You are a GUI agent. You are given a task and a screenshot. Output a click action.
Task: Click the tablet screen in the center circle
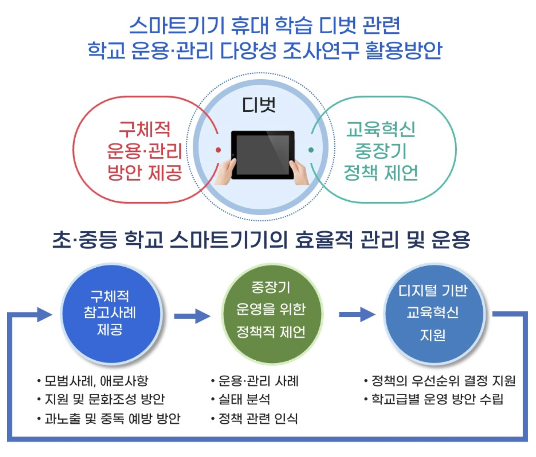pyautogui.click(x=262, y=155)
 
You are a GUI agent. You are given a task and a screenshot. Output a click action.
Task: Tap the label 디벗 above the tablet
pyautogui.click(x=259, y=105)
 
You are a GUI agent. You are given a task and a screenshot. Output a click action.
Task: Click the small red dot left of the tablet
pyautogui.click(x=218, y=150)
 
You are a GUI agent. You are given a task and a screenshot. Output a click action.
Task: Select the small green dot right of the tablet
pyautogui.click(x=311, y=150)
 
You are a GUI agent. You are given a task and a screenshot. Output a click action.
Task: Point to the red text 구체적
pyautogui.click(x=144, y=129)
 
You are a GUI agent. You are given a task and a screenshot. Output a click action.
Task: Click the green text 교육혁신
pyautogui.click(x=381, y=129)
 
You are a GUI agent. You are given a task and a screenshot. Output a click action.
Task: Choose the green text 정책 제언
pyautogui.click(x=381, y=173)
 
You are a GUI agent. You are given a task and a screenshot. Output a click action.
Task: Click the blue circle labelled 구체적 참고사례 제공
pyautogui.click(x=111, y=314)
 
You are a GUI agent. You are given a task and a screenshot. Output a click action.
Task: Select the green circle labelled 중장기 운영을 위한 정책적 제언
pyautogui.click(x=271, y=314)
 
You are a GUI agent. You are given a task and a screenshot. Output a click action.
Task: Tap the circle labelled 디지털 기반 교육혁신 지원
pyautogui.click(x=433, y=314)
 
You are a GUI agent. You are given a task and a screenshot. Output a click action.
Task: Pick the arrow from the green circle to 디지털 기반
pyautogui.click(x=356, y=314)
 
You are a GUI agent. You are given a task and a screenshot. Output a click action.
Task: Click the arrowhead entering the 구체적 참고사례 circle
pyautogui.click(x=44, y=314)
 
